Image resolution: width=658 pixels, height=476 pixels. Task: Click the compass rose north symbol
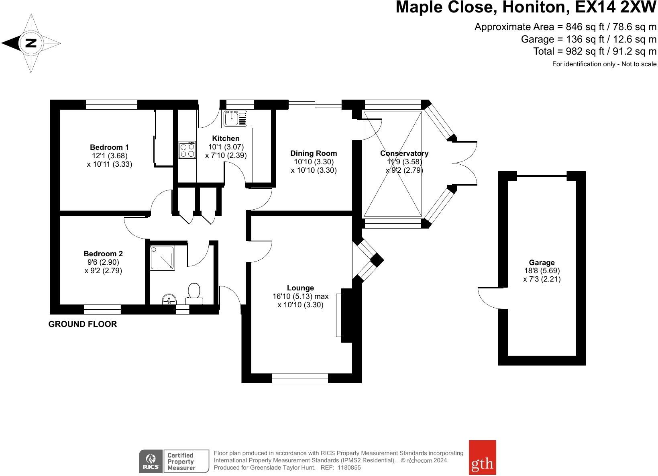(31, 43)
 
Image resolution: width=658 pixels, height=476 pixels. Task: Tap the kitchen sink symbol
(236, 118)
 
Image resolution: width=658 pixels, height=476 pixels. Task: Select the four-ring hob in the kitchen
(187, 149)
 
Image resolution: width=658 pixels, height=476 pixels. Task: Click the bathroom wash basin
(169, 299)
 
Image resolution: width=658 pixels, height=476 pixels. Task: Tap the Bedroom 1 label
(109, 147)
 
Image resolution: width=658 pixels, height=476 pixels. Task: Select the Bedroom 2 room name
(103, 254)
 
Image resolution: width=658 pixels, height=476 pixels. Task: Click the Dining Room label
(314, 153)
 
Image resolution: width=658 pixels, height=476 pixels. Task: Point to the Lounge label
(300, 288)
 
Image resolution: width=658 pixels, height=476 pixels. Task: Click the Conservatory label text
(404, 153)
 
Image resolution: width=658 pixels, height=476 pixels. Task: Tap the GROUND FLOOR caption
(83, 324)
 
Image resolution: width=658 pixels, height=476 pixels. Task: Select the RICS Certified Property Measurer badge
(174, 461)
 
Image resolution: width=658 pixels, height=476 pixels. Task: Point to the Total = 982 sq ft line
(595, 51)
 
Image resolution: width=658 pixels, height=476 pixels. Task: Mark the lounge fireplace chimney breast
(346, 315)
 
